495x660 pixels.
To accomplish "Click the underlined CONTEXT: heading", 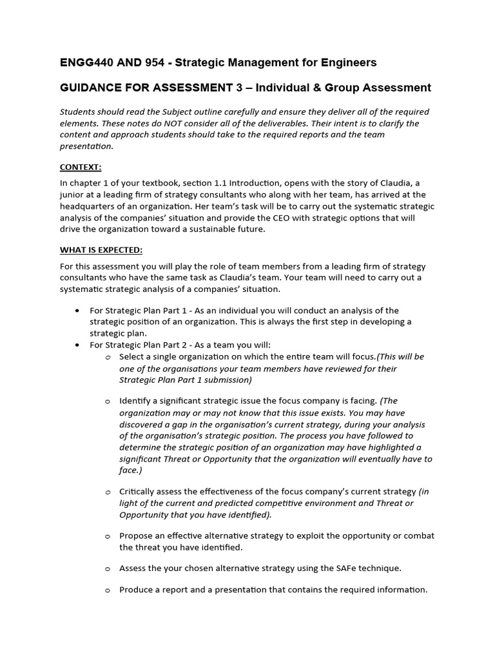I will click(x=81, y=167).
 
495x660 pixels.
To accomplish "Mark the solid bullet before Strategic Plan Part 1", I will click(x=77, y=311).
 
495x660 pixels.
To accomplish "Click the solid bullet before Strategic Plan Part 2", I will click(x=77, y=345).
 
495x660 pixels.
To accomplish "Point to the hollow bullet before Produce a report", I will click(x=108, y=590).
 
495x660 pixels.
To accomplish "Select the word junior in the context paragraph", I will click(x=72, y=195).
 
